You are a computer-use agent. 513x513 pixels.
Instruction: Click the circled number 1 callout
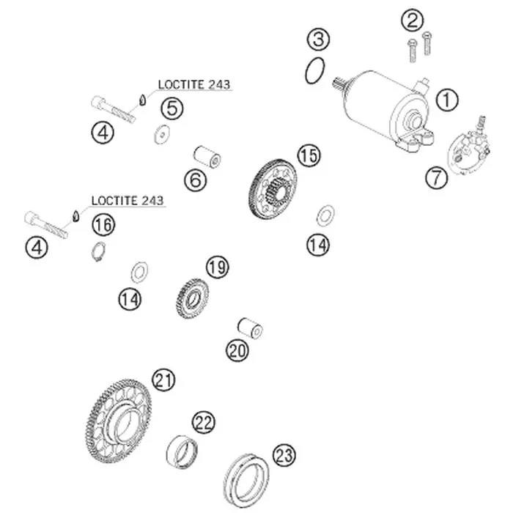pyautogui.click(x=447, y=100)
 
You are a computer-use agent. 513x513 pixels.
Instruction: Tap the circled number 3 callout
pyautogui.click(x=318, y=40)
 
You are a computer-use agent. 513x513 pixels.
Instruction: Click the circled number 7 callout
pyautogui.click(x=437, y=177)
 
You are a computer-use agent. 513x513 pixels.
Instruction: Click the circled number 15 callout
pyautogui.click(x=309, y=155)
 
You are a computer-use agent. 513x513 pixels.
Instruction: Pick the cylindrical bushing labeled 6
pyautogui.click(x=207, y=157)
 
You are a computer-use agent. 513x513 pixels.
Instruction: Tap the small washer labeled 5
pyautogui.click(x=162, y=134)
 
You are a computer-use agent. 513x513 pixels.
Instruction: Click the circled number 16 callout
pyautogui.click(x=103, y=225)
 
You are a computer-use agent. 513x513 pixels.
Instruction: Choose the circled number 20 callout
pyautogui.click(x=237, y=351)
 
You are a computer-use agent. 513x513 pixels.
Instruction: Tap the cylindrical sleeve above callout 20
pyautogui.click(x=250, y=328)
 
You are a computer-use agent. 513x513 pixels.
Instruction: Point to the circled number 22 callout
pyautogui.click(x=204, y=422)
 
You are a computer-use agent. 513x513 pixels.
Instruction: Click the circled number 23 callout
pyautogui.click(x=284, y=455)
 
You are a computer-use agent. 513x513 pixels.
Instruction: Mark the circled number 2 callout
pyautogui.click(x=412, y=21)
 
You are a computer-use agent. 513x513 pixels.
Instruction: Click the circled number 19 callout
pyautogui.click(x=218, y=267)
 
